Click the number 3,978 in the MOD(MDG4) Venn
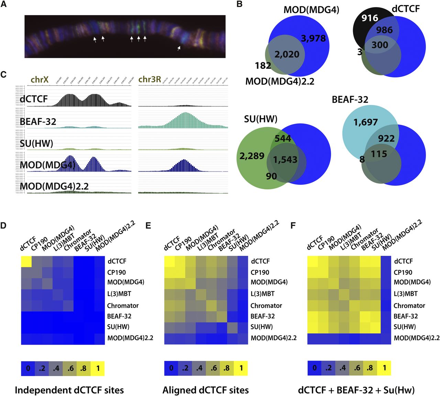pos(313,38)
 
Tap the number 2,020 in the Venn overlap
pos(287,54)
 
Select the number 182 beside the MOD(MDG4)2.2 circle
pos(263,65)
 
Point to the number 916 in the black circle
pos(370,18)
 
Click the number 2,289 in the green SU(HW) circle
pos(252,156)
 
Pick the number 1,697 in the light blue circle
pos(365,122)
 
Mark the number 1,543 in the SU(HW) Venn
pos(285,159)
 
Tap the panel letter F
pos(293,226)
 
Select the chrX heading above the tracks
pos(40,80)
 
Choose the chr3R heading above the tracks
pos(150,80)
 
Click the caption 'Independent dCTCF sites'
pos(69,390)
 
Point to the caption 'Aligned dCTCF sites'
pos(206,390)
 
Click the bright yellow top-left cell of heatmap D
pos(26,261)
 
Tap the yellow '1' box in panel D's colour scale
pos(98,368)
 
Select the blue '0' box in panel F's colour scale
pos(315,368)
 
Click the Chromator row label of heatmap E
pos(266,305)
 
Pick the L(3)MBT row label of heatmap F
pos(406,294)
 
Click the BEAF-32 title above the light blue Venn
pos(350,100)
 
